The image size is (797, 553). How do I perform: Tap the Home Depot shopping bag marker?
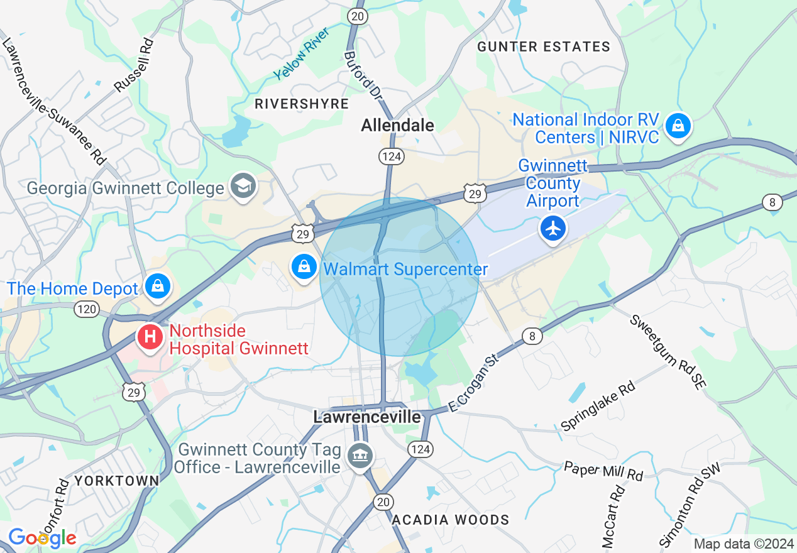tap(157, 286)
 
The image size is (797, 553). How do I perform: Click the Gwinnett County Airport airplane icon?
tap(553, 228)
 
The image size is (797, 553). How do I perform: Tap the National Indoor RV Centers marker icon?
tap(678, 126)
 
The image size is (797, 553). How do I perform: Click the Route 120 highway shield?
tap(86, 309)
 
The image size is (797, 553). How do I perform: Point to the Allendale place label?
tap(397, 126)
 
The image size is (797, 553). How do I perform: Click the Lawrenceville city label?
tap(367, 417)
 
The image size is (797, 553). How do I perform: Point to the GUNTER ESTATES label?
tap(543, 47)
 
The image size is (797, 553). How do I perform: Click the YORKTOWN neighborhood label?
tap(117, 481)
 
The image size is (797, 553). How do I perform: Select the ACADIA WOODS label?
tap(450, 520)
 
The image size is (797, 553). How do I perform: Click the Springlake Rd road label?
tap(598, 406)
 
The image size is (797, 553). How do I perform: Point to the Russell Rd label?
tap(135, 65)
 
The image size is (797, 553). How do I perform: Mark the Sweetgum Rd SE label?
tap(668, 351)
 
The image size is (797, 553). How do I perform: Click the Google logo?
tap(42, 538)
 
